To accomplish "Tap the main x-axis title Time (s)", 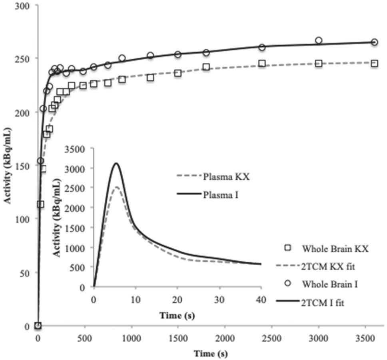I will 211,354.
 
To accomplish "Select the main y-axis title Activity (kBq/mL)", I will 8,166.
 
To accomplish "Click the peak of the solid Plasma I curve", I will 116,163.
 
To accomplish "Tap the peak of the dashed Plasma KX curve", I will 116,187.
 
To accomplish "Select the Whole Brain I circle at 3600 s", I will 375,42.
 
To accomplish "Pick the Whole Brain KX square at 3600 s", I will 375,63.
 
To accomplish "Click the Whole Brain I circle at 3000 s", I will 319,40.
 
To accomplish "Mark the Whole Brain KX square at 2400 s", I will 262,63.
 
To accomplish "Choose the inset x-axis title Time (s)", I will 177,316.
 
